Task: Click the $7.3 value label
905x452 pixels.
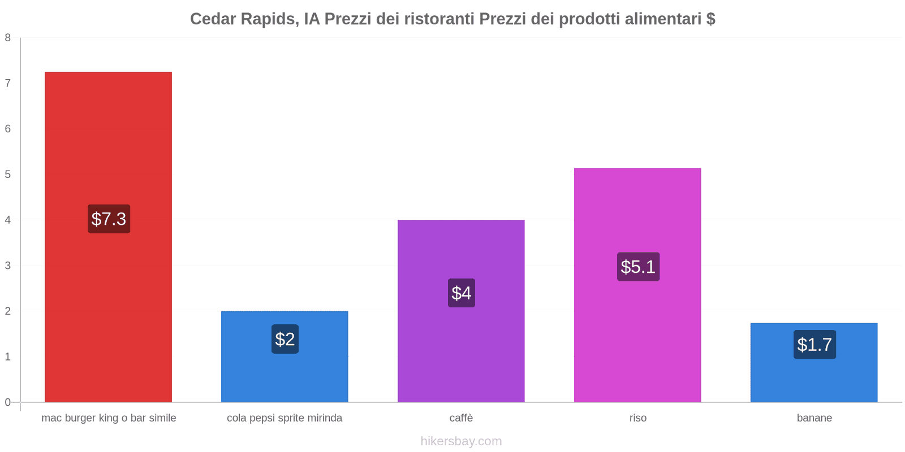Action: (109, 219)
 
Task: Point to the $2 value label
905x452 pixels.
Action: (285, 339)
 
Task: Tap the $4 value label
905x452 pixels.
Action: (462, 293)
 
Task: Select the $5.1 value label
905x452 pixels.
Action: (638, 267)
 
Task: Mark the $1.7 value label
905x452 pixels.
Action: (815, 344)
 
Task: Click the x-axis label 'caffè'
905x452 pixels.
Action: (461, 418)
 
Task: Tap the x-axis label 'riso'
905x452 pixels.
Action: (637, 418)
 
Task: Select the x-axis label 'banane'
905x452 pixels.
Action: (814, 418)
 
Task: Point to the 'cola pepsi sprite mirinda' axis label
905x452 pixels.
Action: (285, 418)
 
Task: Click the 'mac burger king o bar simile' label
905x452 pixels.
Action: (109, 418)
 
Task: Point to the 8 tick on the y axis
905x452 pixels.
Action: (8, 38)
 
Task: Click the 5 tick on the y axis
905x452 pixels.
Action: (8, 175)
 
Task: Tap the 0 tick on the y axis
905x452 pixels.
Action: (8, 402)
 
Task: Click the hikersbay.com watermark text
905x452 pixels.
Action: (461, 441)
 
